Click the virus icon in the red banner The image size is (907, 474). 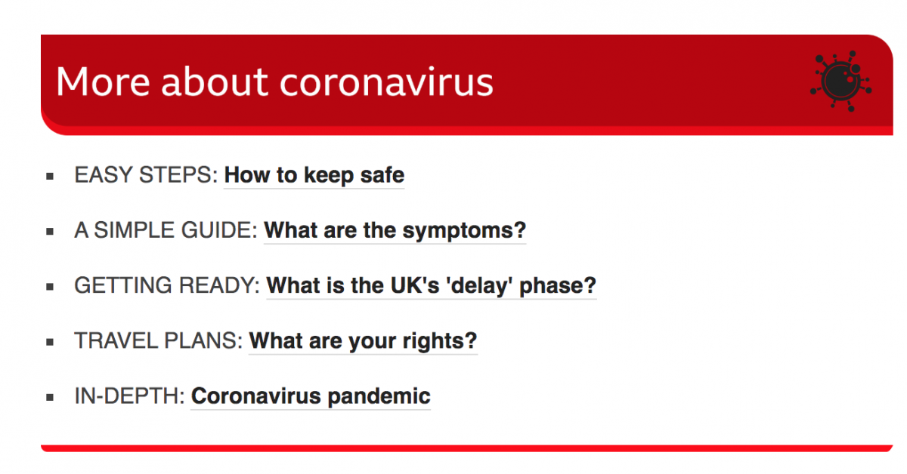(840, 81)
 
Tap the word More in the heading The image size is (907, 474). (103, 82)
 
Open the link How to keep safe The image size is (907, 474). (314, 176)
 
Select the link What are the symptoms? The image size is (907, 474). (395, 231)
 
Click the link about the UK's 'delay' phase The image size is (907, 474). (432, 286)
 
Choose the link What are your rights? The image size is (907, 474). (364, 341)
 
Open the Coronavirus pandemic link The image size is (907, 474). (311, 396)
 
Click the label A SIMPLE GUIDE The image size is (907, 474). (166, 230)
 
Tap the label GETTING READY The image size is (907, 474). (167, 285)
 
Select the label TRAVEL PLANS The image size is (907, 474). (158, 341)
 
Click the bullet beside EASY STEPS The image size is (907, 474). (50, 177)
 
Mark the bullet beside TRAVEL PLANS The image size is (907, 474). (50, 342)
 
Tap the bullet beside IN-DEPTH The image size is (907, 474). (50, 398)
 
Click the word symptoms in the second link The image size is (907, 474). (464, 232)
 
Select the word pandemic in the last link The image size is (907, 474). (379, 397)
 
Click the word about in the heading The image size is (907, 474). (215, 82)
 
